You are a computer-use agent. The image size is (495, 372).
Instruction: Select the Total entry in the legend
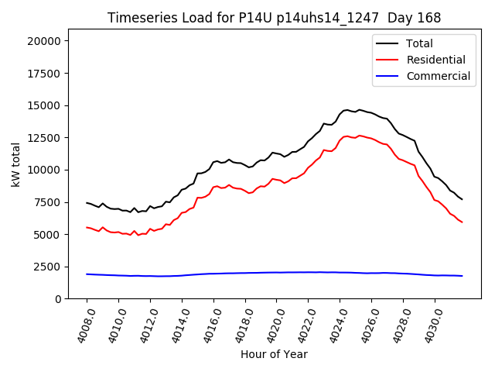tap(419, 43)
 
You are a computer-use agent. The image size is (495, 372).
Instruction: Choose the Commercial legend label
tap(438, 76)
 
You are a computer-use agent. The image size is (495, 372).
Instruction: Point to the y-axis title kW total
tap(16, 170)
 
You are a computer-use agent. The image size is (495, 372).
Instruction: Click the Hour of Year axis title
tap(274, 354)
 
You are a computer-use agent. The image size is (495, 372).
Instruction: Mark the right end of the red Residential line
tap(462, 222)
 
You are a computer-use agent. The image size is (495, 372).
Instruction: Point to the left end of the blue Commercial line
tap(87, 274)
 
